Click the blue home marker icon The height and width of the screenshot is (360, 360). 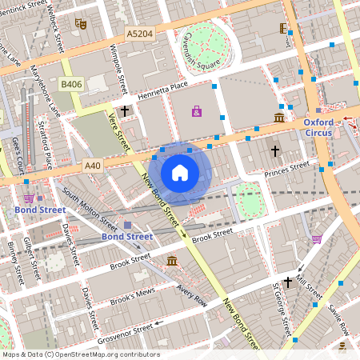(180, 172)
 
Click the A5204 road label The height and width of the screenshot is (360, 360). (140, 34)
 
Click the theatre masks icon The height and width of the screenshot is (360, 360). (79, 24)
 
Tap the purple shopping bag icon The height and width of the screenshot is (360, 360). (197, 111)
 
